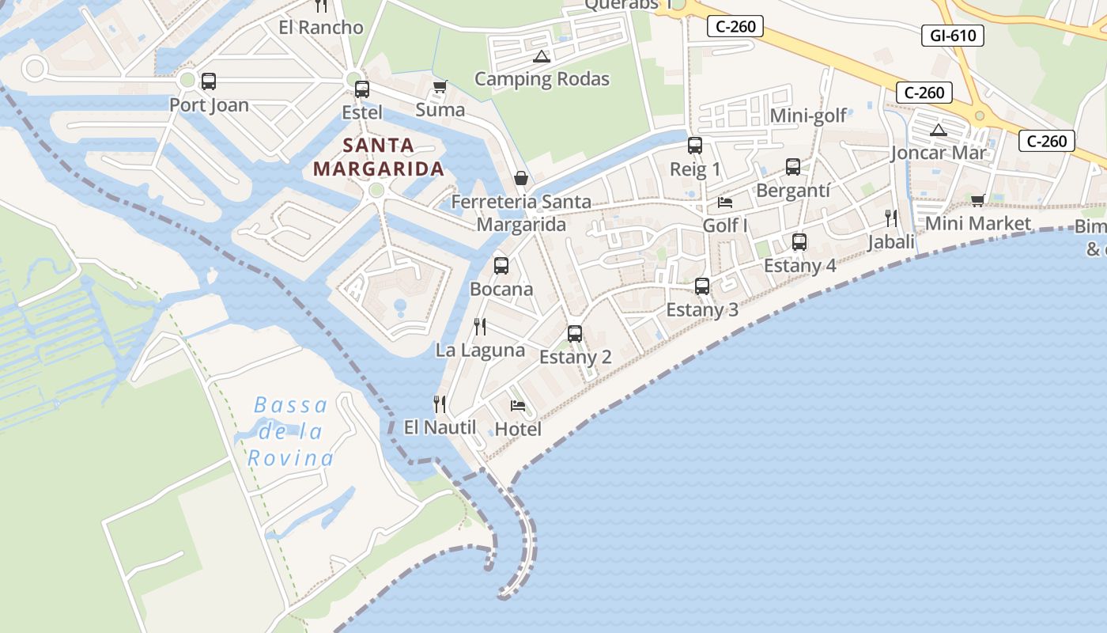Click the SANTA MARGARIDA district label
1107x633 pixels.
379,157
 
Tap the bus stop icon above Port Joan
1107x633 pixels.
209,81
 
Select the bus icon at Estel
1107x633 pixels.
361,89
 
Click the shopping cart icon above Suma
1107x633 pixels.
440,86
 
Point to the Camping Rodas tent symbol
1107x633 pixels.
541,56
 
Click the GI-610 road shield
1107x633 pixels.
952,35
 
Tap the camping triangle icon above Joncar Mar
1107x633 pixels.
939,131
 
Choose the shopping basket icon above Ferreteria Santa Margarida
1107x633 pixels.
521,178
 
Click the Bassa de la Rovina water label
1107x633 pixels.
290,432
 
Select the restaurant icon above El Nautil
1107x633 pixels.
440,404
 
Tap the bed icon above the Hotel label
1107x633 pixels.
518,406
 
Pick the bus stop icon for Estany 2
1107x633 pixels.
575,334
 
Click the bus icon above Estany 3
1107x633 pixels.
702,286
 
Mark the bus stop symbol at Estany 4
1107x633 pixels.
799,242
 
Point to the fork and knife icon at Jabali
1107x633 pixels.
891,218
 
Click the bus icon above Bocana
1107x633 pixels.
501,266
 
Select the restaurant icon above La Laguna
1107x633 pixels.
480,327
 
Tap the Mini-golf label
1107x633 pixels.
808,116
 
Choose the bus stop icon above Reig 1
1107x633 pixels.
695,146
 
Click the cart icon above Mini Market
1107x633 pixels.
978,200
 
